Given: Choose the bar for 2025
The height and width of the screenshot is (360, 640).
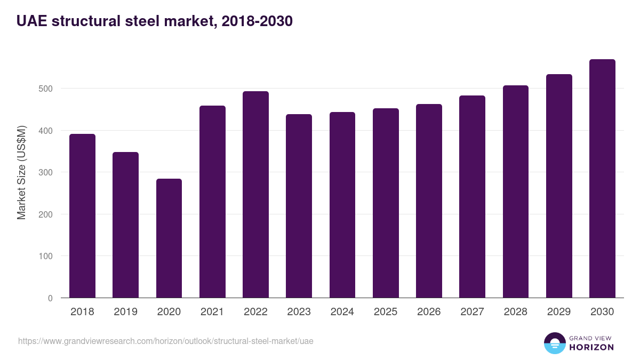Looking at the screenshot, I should point(386,203).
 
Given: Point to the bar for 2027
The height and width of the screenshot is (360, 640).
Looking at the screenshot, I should point(472,197).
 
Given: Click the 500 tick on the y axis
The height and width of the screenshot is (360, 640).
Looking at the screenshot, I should point(46,89).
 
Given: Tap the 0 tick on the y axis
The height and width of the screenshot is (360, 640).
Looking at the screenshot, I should point(50,298).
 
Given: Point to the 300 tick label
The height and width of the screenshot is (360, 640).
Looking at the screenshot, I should point(46,172).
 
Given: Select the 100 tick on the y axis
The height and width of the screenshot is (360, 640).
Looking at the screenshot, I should point(46,256).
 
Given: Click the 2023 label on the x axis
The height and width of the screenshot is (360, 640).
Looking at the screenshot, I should point(299,312).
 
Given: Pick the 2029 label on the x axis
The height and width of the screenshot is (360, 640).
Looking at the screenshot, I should point(559,312).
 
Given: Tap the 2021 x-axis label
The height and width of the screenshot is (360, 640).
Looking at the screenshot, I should point(212,312).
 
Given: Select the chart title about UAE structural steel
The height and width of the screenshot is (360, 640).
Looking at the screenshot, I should point(154,21).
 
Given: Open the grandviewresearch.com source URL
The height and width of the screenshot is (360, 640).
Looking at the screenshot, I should point(165,341).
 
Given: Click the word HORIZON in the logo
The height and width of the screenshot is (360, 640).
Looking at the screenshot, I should point(591,347).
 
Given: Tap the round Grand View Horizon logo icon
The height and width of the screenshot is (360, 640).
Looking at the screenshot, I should point(554,343).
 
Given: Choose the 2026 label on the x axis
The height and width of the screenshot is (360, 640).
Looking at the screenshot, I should point(429,312).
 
